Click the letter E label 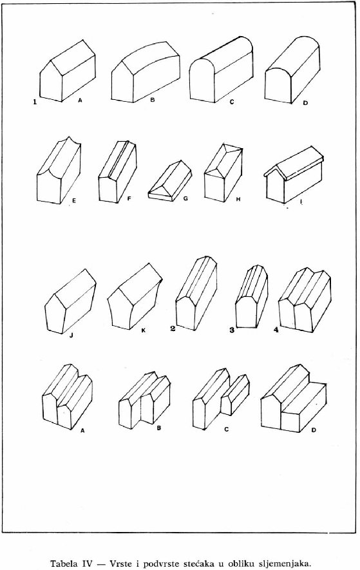point(74,201)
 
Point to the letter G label point(185,199)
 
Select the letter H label point(238,199)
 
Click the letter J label point(71,336)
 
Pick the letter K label point(144,330)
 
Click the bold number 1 point(35,102)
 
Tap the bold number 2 point(173,328)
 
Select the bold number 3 point(232,330)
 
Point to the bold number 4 point(276,330)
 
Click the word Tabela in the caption point(63,564)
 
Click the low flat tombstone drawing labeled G point(170,181)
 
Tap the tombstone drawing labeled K point(135,296)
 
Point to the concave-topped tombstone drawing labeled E point(59,170)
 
